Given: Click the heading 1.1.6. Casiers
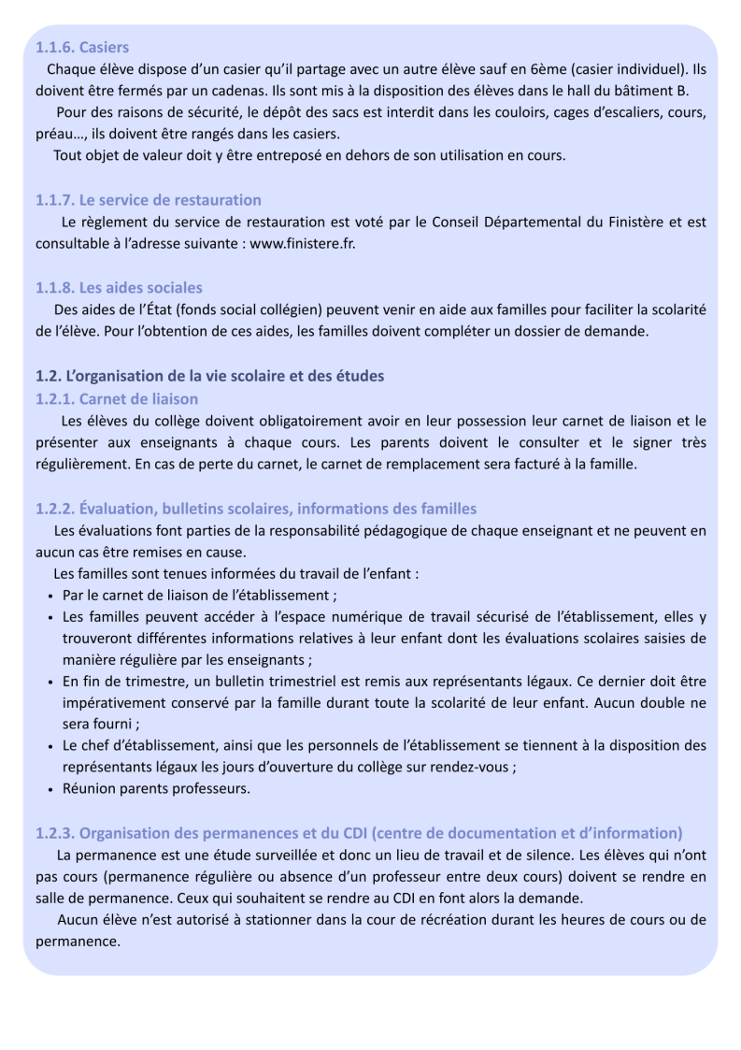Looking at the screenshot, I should pos(82,47).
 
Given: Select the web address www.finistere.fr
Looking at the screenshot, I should pos(303,243).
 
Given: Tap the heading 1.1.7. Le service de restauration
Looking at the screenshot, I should pos(149,200).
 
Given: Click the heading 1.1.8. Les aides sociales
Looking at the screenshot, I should pos(119,288).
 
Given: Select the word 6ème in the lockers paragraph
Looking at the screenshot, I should pos(546,69).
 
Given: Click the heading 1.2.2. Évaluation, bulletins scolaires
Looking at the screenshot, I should pos(256,509).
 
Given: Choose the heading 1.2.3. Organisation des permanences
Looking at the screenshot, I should pos(359,832).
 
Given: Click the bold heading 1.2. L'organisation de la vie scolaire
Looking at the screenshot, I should pos(209,377).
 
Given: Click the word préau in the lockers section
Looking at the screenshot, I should pos(55,133).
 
